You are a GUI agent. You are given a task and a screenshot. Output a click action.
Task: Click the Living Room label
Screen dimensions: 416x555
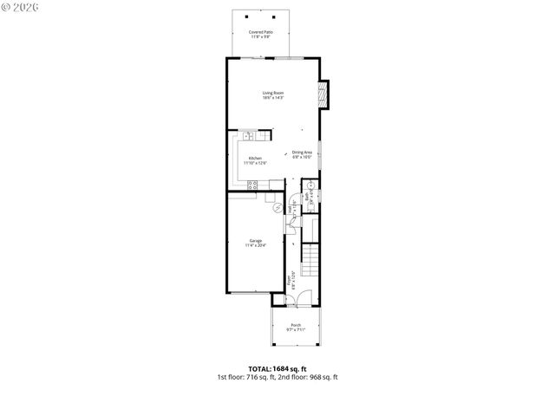[273, 94]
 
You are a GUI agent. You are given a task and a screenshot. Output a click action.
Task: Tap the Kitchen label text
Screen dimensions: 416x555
[255, 160]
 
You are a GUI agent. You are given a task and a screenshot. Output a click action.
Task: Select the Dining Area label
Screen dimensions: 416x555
[302, 154]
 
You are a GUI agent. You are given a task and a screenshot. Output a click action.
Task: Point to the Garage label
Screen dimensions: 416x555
[255, 243]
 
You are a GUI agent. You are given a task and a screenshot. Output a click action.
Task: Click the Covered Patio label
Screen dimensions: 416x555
[261, 34]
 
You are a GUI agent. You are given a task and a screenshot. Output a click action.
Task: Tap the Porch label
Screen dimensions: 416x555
[297, 327]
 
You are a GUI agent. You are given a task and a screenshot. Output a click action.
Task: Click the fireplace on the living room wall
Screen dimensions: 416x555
[324, 95]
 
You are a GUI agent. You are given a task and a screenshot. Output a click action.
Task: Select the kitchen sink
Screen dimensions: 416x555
[248, 136]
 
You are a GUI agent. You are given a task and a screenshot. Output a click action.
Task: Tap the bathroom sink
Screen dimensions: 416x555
[310, 185]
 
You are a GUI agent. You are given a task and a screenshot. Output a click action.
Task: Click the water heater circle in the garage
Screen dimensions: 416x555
[278, 208]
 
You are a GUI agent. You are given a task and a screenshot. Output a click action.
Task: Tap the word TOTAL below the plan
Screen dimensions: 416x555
[258, 368]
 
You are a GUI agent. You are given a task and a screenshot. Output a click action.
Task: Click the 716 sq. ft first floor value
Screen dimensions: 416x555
[258, 377]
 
